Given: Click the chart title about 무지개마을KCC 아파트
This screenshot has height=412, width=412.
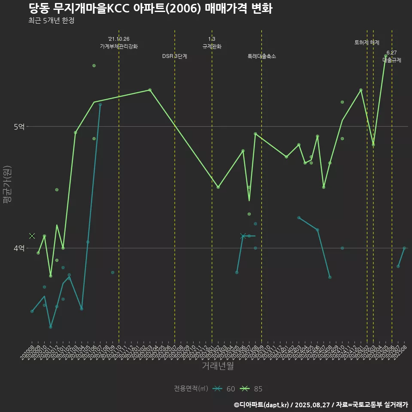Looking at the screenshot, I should [x=151, y=9].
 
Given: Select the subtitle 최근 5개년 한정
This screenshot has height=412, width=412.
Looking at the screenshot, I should [x=52, y=21].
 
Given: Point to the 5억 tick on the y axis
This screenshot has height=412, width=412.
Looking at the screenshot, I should [x=19, y=127].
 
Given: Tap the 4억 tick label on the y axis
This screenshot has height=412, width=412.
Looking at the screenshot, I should [x=19, y=248].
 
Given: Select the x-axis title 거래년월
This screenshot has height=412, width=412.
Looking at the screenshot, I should [x=218, y=366].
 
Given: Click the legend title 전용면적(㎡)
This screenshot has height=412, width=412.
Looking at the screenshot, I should [x=191, y=389].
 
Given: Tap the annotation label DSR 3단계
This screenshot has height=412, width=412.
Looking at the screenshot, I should [x=175, y=56].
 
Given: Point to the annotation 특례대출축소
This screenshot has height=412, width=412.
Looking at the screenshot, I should [x=262, y=56].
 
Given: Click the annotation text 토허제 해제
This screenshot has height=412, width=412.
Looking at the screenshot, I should [x=367, y=42].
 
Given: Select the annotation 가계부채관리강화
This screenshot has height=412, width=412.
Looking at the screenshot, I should [x=119, y=46].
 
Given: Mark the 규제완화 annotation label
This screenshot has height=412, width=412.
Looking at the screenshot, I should [x=212, y=46].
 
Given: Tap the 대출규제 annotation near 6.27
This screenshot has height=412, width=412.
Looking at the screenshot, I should [x=392, y=60].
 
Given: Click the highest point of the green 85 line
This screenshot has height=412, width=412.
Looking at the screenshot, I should [x=386, y=56].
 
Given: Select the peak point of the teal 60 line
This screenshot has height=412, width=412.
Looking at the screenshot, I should [x=100, y=104].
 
